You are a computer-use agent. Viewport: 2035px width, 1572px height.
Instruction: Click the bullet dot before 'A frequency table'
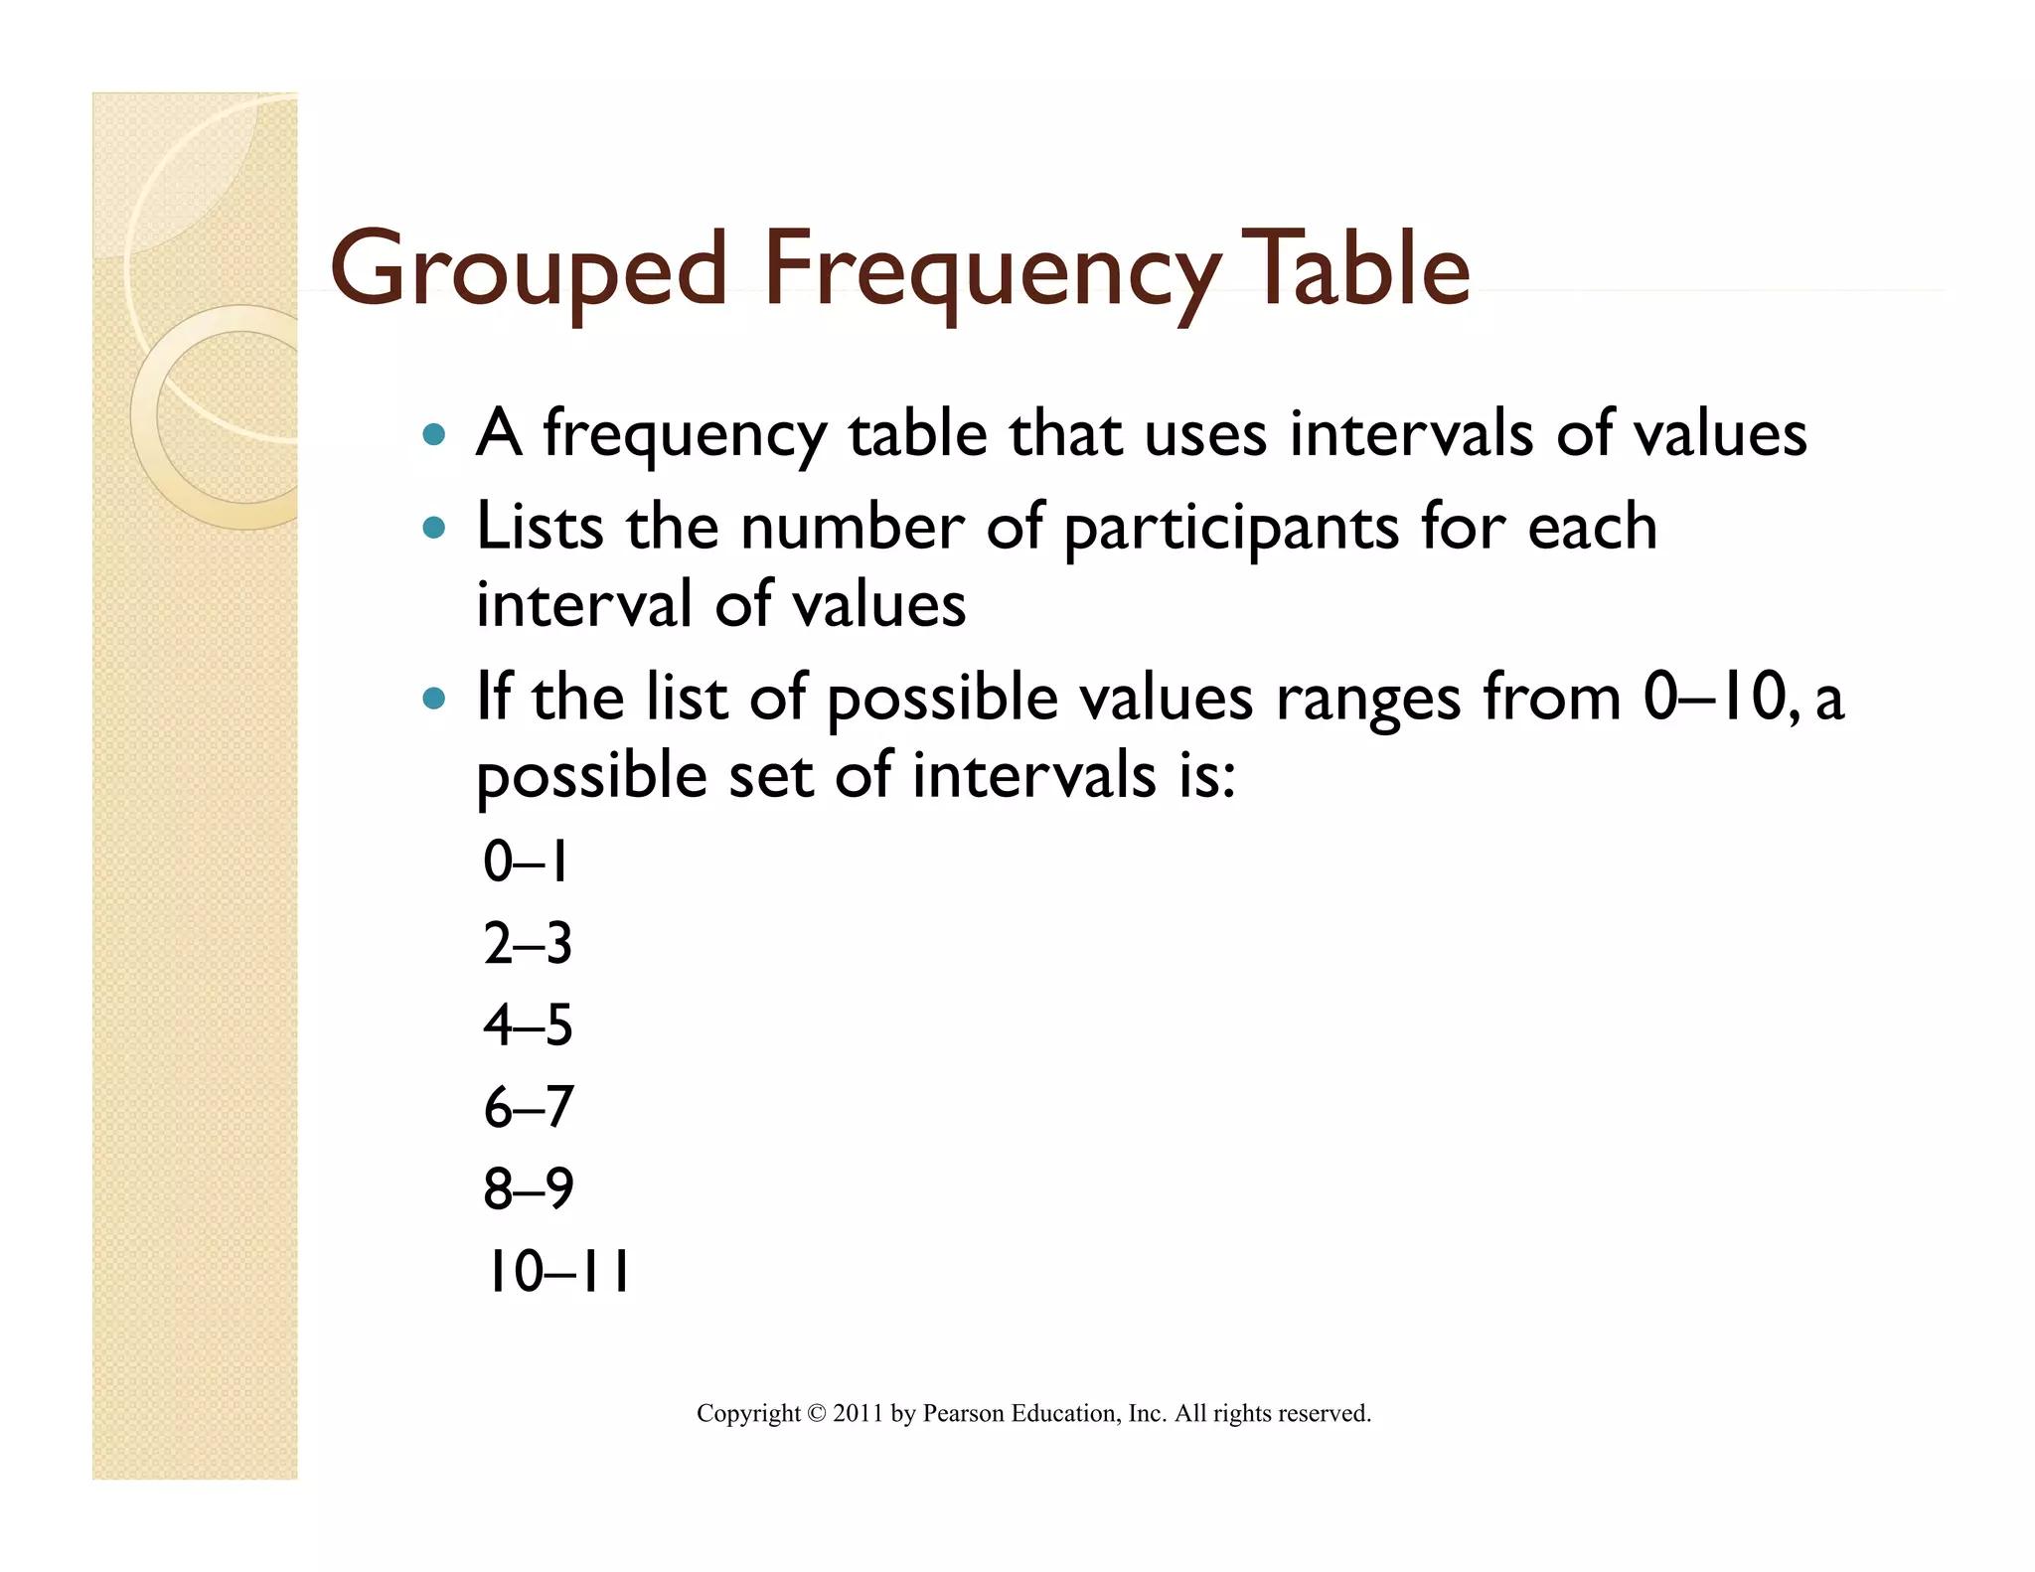pyautogui.click(x=434, y=434)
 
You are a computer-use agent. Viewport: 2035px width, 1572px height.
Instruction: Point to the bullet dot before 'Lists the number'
pyautogui.click(x=434, y=527)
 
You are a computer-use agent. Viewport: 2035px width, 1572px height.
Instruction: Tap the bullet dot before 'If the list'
pyautogui.click(x=434, y=698)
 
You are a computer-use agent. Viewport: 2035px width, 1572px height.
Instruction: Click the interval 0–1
pyautogui.click(x=527, y=861)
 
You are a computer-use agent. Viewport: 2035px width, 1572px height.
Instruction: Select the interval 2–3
pyautogui.click(x=528, y=943)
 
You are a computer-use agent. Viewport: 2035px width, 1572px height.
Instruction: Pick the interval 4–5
pyautogui.click(x=528, y=1024)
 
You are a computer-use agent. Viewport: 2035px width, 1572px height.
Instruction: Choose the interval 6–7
pyautogui.click(x=528, y=1107)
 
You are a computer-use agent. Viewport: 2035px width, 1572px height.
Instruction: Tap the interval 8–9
pyautogui.click(x=528, y=1188)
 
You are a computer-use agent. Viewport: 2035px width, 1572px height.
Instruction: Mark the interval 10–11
pyautogui.click(x=556, y=1271)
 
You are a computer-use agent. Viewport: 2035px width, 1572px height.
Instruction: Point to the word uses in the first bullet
pyautogui.click(x=1205, y=435)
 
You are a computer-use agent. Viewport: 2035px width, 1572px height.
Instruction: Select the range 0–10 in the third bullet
pyautogui.click(x=1719, y=698)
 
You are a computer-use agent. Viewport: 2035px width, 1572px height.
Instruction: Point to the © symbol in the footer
pyautogui.click(x=817, y=1413)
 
